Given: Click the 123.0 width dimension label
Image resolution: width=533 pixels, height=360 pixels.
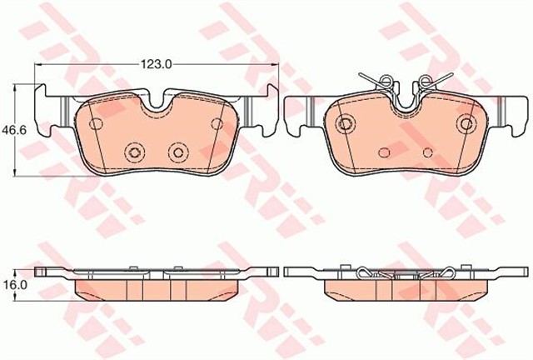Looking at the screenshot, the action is [157, 64].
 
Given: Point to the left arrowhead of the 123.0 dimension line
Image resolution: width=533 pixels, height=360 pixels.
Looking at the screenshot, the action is [38, 64].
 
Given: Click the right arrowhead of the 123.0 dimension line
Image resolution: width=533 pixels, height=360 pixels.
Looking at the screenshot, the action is [275, 64].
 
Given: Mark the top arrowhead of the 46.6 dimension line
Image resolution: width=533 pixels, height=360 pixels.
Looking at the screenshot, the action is [14, 87].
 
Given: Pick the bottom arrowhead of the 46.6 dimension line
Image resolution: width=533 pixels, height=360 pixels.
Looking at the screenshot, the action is [14, 172].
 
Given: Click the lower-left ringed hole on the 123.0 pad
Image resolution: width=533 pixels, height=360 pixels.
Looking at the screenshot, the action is [134, 152].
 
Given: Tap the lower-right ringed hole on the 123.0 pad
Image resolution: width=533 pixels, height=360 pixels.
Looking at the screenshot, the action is [178, 152].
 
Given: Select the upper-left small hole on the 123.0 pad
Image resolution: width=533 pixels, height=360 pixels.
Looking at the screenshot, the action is [96, 124].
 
